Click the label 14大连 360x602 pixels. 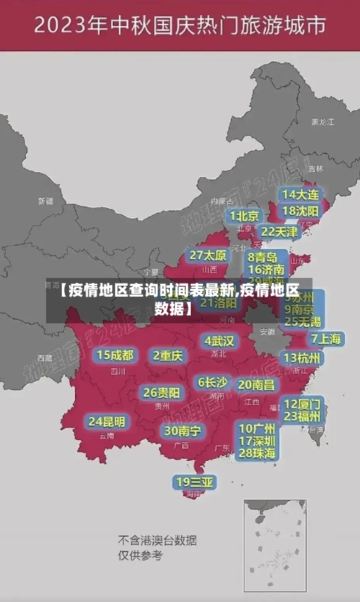pyautogui.click(x=301, y=194)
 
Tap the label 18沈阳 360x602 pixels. pyautogui.click(x=301, y=211)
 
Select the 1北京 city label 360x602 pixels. pyautogui.click(x=246, y=216)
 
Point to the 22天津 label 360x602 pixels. pyautogui.click(x=279, y=232)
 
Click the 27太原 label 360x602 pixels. pyautogui.click(x=208, y=255)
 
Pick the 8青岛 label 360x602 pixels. pyautogui.click(x=263, y=256)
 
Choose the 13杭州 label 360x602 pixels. pyautogui.click(x=303, y=358)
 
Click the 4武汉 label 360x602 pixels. pyautogui.click(x=219, y=340)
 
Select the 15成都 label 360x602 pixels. pyautogui.click(x=115, y=354)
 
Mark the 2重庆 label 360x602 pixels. pyautogui.click(x=168, y=355)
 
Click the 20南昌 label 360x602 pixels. pyautogui.click(x=256, y=385)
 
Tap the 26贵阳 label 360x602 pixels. pyautogui.click(x=162, y=392)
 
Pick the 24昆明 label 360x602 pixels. pyautogui.click(x=107, y=421)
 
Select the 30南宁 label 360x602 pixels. pyautogui.click(x=182, y=431)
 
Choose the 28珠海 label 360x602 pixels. pyautogui.click(x=258, y=453)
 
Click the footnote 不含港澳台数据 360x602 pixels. pyautogui.click(x=158, y=540)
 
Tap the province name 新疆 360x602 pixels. pyautogui.click(x=45, y=201)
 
